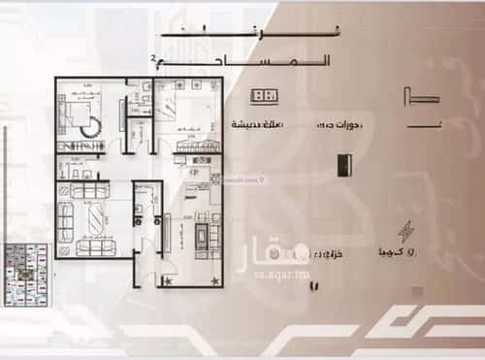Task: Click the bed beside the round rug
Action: pos(73,112)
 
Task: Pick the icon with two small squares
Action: pos(264,95)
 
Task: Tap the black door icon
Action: pos(341,164)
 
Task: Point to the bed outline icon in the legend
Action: pos(418,96)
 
